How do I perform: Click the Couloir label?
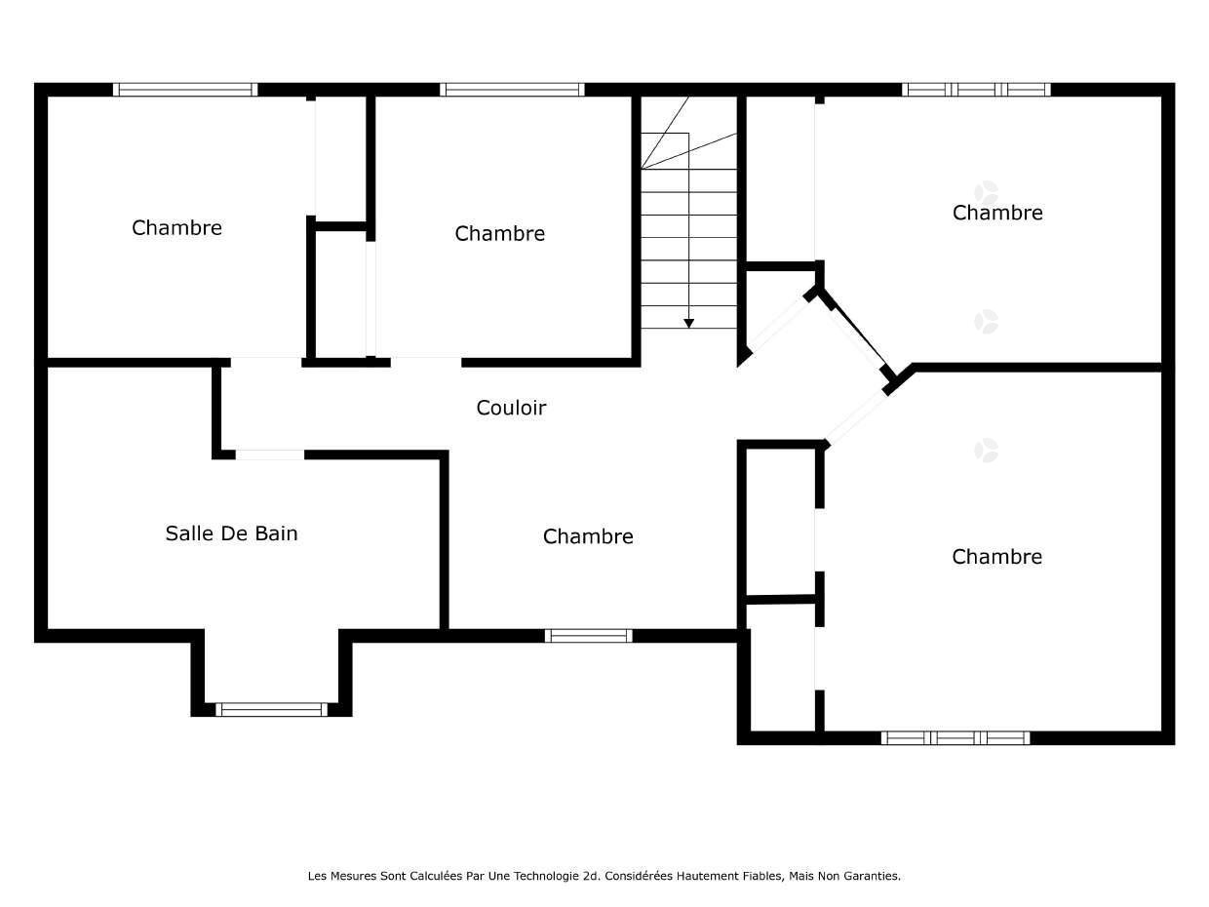click(511, 408)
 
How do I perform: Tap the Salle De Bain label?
click(231, 533)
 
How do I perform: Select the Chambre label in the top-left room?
click(176, 228)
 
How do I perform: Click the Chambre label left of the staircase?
click(499, 233)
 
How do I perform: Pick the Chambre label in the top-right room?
click(997, 213)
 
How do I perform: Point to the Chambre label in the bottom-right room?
click(996, 557)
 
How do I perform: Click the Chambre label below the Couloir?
click(588, 536)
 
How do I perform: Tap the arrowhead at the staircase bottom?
click(688, 323)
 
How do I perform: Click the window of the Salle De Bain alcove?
click(271, 709)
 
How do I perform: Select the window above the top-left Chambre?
click(185, 90)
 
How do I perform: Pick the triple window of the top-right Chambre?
click(975, 90)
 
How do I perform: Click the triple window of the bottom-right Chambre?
click(955, 738)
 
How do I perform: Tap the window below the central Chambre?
click(588, 636)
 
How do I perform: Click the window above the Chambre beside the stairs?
click(512, 90)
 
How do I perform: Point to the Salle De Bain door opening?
click(270, 454)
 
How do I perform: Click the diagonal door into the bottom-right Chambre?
click(855, 416)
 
